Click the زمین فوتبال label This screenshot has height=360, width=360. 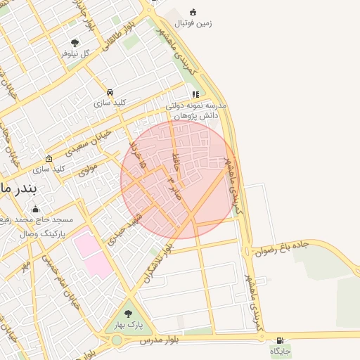[x=193, y=23]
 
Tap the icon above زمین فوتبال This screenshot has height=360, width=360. [x=193, y=11]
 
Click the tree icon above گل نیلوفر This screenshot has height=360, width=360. [x=75, y=43]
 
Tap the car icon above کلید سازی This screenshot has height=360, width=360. [x=110, y=92]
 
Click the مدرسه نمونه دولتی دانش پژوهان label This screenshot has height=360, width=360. [x=193, y=109]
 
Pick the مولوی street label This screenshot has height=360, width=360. [x=87, y=169]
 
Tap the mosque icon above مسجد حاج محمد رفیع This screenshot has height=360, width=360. [x=36, y=209]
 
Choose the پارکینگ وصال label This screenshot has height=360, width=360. [x=39, y=231]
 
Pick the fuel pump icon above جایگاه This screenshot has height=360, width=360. [x=281, y=340]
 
